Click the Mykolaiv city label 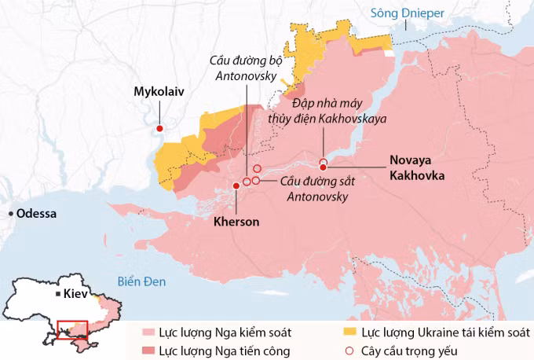coord(159,92)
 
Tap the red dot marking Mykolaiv coord(159,128)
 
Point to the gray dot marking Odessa coord(9,214)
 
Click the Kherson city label coord(236,222)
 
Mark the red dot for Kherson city coord(236,186)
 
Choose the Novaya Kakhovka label coord(416,168)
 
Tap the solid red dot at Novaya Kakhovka coord(323,167)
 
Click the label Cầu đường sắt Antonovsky coord(314,189)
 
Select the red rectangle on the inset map coord(72,329)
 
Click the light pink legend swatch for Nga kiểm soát coord(149,332)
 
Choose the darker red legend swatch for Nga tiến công coord(149,351)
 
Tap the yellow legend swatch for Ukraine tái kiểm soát coord(349,332)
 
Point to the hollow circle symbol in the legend coord(349,351)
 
